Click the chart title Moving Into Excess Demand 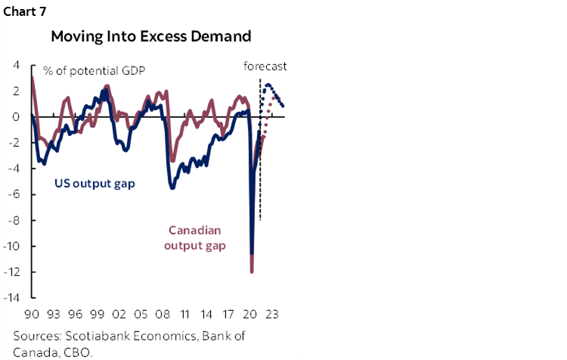point(151,36)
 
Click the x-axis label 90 point(33,312)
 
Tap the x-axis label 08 point(163,312)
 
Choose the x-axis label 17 point(228,312)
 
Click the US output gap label point(94,184)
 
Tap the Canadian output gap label point(200,237)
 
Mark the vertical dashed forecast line point(259,151)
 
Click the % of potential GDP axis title point(94,71)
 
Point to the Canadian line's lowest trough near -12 point(252,272)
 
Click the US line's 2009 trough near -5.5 point(172,188)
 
